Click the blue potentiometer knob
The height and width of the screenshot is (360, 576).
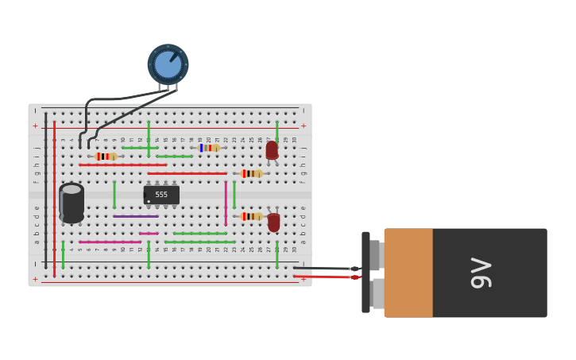point(168,64)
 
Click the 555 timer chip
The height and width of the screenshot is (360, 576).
point(161,195)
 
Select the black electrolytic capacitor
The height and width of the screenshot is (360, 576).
point(72,203)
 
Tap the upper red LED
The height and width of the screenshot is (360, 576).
point(272,149)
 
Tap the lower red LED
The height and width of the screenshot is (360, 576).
point(274,223)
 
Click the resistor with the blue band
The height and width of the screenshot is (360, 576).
point(208,148)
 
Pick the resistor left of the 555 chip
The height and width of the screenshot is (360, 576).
point(105,157)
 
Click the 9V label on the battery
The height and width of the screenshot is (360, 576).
point(481,273)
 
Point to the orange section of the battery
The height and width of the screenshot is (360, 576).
point(408,273)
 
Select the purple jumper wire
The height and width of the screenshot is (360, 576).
point(135,216)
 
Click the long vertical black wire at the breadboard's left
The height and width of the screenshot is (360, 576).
point(45,191)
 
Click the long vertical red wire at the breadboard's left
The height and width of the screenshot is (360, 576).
point(54,199)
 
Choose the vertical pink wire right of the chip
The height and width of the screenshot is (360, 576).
point(226,203)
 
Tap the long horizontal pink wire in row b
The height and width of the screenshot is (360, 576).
point(110,242)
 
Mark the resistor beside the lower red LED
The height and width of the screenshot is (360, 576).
point(251,216)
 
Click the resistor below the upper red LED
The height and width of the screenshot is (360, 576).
point(251,173)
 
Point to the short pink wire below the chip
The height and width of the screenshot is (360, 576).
point(149,234)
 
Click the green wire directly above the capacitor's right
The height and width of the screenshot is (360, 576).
point(114,194)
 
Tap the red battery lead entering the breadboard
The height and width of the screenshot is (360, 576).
point(326,277)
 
